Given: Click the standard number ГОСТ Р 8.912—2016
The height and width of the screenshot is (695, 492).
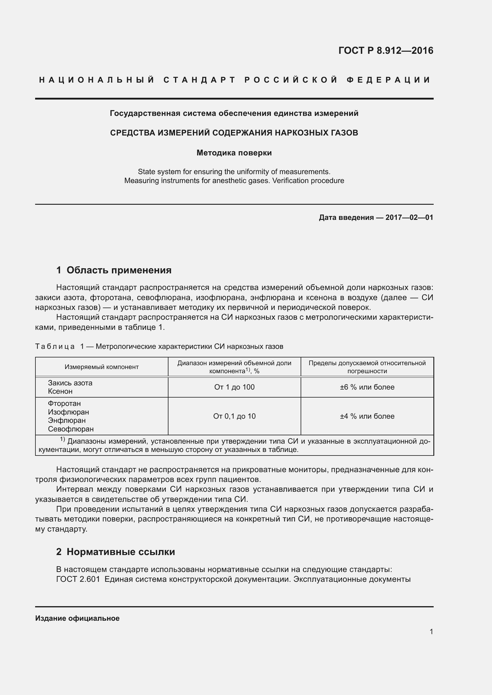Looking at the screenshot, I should tap(386, 50).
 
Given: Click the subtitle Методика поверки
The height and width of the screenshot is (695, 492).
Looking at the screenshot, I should tap(234, 153).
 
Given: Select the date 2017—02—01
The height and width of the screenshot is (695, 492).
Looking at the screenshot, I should tap(409, 217).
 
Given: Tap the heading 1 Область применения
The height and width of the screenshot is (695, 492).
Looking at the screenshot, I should tap(114, 270).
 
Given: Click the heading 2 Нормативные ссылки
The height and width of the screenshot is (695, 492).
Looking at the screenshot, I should tap(115, 552).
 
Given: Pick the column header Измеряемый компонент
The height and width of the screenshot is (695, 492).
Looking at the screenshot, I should tap(101, 367).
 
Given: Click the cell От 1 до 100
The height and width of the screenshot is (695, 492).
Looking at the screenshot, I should tap(234, 387).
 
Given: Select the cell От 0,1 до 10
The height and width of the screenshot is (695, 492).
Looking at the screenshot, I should tap(234, 416).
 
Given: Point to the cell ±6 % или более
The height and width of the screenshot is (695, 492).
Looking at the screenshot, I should tap(367, 387).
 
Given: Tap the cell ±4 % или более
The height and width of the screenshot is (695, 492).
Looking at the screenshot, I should tap(367, 416).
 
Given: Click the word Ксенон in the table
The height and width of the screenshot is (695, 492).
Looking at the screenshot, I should tap(60, 391).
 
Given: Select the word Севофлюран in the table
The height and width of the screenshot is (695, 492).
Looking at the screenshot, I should tap(71, 429).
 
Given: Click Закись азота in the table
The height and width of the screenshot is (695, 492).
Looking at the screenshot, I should tap(70, 383).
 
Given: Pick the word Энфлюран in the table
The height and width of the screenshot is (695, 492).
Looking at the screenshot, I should tap(67, 420).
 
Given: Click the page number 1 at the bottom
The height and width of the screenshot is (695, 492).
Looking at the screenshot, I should tap(431, 631).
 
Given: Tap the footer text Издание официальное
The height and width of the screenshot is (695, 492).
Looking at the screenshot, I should tap(77, 618).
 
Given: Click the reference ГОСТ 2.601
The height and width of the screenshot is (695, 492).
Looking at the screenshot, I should tap(78, 579).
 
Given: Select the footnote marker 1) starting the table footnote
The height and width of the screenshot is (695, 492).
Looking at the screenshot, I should tap(63, 439).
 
